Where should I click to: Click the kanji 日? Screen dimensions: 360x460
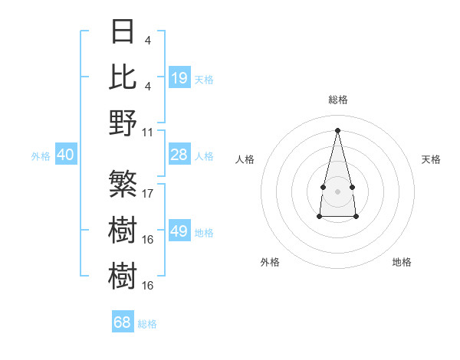123,31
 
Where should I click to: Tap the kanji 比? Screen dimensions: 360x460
123,77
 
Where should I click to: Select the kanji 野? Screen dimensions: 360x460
123,123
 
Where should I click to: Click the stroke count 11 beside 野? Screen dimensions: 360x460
148,131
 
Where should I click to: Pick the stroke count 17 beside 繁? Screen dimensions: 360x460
148,193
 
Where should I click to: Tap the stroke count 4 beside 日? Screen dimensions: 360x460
147,39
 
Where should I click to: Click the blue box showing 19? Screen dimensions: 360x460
179,77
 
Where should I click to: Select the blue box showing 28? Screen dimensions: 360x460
179,155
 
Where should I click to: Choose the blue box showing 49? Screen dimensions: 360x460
179,232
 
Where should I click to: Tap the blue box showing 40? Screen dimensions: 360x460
66,155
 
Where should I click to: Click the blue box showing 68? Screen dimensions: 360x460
123,322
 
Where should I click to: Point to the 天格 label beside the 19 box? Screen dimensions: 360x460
204,79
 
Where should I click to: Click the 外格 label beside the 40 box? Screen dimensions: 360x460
41,156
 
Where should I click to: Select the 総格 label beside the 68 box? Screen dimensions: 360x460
147,324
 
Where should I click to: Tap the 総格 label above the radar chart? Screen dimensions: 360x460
337,100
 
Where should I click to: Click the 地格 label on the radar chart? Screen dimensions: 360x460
402,262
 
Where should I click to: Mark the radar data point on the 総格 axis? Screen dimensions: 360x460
337,129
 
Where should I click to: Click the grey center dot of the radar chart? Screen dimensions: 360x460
337,190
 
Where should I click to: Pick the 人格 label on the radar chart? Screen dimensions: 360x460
245,159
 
